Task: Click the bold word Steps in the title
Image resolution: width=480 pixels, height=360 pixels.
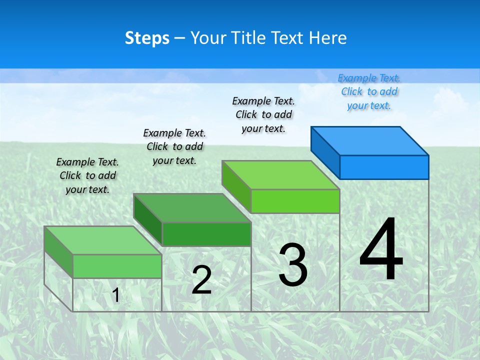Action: click(x=147, y=38)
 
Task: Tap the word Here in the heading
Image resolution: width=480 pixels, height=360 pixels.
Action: click(x=328, y=38)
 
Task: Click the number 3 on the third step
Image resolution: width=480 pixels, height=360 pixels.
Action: click(x=293, y=265)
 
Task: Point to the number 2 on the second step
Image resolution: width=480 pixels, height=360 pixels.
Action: click(x=202, y=280)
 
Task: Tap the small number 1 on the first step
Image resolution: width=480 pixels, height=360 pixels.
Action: click(x=116, y=295)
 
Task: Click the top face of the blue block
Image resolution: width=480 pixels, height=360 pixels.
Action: click(x=370, y=140)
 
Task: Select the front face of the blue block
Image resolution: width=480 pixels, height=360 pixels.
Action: click(x=384, y=167)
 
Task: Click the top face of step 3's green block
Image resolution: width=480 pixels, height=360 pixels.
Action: click(x=281, y=174)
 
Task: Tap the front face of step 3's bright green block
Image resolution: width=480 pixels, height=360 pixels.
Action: click(x=295, y=201)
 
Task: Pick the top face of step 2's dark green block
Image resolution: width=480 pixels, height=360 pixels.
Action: click(x=192, y=207)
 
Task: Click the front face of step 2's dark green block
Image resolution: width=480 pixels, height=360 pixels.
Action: click(x=206, y=234)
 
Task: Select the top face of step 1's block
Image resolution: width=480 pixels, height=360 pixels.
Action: click(x=103, y=240)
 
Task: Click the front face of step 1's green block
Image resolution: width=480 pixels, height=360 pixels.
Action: click(x=117, y=266)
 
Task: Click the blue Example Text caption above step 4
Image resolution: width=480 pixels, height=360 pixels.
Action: click(x=369, y=91)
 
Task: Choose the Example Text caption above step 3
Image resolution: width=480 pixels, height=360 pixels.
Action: click(x=263, y=114)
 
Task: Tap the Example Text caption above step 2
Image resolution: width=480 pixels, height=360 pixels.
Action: click(x=174, y=146)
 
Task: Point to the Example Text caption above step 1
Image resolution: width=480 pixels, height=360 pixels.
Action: click(x=87, y=175)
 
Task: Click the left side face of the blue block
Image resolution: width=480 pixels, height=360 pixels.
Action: click(x=325, y=152)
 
